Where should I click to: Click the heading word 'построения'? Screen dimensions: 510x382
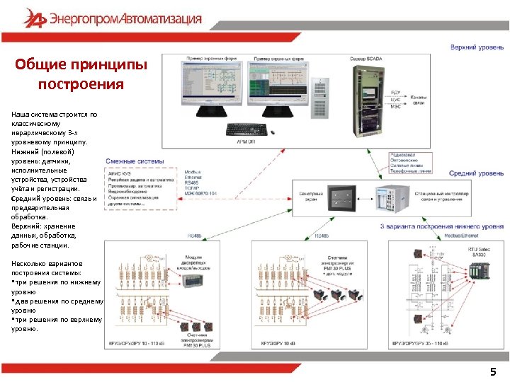tap(81, 85)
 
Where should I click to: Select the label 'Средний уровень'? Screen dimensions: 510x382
tap(476, 173)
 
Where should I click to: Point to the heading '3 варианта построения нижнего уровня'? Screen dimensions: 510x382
tap(441, 226)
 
